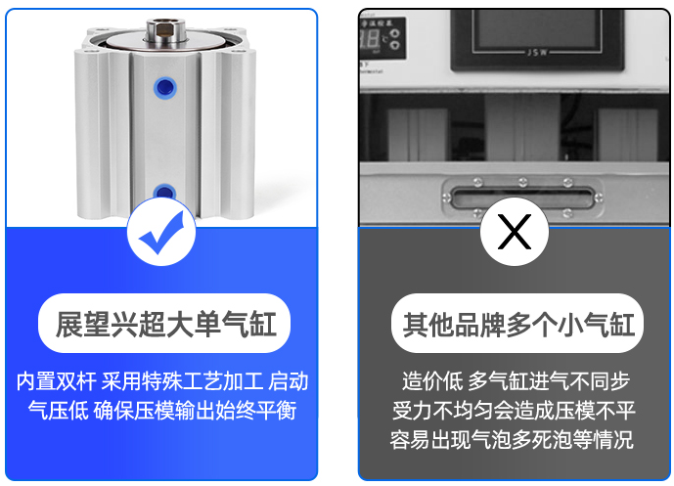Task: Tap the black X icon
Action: pyautogui.click(x=515, y=232)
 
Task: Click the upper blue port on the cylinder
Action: pyautogui.click(x=165, y=88)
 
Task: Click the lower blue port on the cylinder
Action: pyautogui.click(x=164, y=192)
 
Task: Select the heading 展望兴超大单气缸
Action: pyautogui.click(x=165, y=324)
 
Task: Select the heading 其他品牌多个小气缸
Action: pyautogui.click(x=518, y=324)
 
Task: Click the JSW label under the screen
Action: pyautogui.click(x=537, y=53)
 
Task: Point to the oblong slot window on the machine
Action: pyautogui.click(x=522, y=197)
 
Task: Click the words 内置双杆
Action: pyautogui.click(x=57, y=381)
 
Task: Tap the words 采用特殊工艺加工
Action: pyautogui.click(x=182, y=381)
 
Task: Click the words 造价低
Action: pyautogui.click(x=432, y=381)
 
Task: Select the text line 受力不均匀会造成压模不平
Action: pyautogui.click(x=514, y=411)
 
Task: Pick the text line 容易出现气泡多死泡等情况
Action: pyautogui.click(x=512, y=440)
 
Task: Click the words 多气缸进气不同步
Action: pyautogui.click(x=549, y=381)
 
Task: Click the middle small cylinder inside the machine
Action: pyautogui.click(x=522, y=128)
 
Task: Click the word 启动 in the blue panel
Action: pyautogui.click(x=289, y=381)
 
